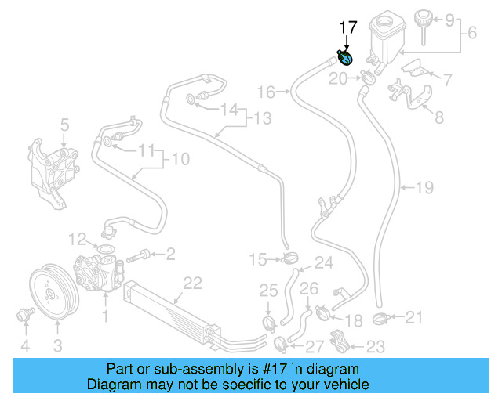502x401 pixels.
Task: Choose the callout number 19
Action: click(424, 188)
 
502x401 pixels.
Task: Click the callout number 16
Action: click(267, 92)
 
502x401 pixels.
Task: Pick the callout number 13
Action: click(262, 119)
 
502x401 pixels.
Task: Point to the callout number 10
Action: click(180, 160)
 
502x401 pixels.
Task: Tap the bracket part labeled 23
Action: click(340, 343)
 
